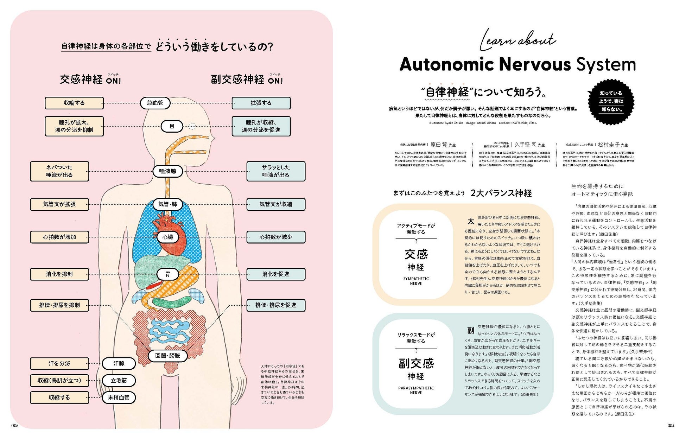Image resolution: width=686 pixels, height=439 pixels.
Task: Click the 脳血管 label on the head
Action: (155, 103)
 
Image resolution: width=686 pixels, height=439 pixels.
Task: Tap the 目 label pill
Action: (172, 126)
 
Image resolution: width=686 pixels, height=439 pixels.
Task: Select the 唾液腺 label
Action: (167, 171)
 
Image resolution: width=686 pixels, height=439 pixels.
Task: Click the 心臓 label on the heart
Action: (167, 237)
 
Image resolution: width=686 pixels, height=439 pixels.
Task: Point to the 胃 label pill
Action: (167, 274)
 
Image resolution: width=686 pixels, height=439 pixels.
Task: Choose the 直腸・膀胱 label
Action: (167, 356)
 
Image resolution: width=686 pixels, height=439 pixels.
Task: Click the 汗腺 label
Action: (119, 363)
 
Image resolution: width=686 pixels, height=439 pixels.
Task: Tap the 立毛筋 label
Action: (119, 381)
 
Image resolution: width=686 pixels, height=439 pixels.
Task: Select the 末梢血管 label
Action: (119, 397)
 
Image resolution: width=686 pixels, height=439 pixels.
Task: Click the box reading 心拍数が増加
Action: (59, 237)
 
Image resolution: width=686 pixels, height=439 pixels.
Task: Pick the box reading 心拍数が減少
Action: (276, 237)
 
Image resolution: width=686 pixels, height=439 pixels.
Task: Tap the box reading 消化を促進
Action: (276, 274)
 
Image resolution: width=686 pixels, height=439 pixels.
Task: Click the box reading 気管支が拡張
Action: (59, 204)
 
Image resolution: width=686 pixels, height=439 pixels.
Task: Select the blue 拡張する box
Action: (261, 103)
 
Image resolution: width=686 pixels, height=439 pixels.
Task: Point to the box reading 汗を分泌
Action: (59, 363)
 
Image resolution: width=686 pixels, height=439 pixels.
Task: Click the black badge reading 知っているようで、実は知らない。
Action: (611, 102)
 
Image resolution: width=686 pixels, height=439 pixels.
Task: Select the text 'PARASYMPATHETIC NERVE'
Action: (416, 390)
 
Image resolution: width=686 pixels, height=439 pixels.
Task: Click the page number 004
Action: (671, 426)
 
